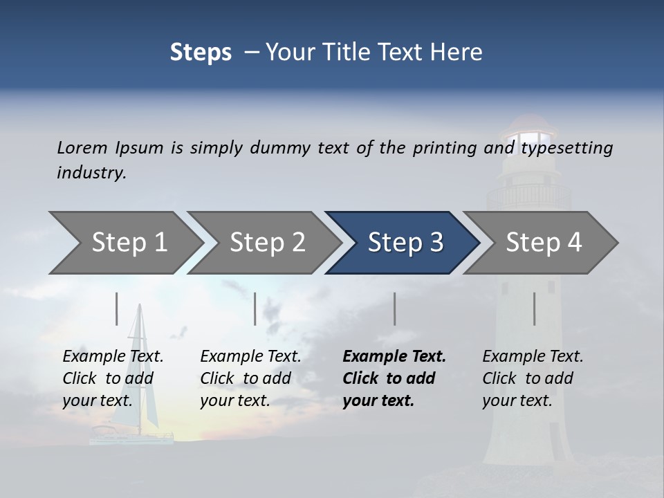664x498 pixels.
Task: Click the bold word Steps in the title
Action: click(201, 53)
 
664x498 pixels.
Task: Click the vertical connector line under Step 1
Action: click(117, 308)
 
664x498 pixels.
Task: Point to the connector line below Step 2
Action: click(255, 308)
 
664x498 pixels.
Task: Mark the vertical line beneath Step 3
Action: click(395, 308)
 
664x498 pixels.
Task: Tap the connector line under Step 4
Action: click(535, 308)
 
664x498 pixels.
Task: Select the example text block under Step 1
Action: click(113, 378)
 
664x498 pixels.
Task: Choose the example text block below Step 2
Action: click(250, 378)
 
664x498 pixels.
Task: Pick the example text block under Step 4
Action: click(533, 378)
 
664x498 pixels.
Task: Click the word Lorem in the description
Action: click(82, 148)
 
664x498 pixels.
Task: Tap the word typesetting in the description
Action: click(566, 148)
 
